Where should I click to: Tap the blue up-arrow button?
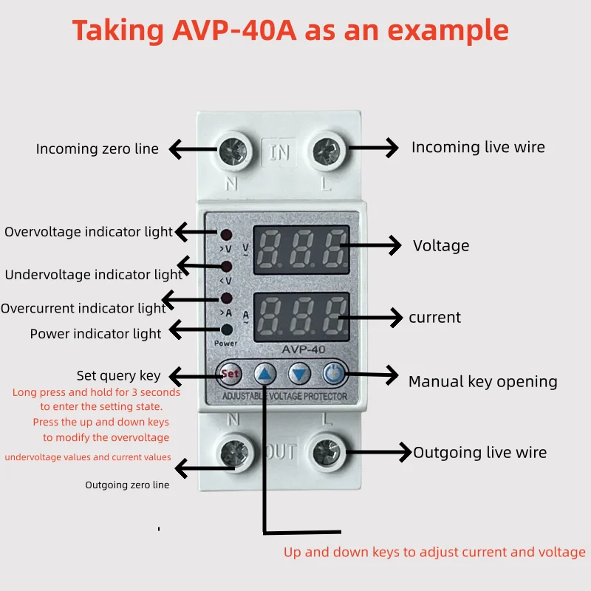[x=265, y=375]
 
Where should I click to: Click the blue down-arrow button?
[x=299, y=375]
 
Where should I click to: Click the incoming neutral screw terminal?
[x=233, y=151]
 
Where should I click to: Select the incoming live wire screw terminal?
[x=327, y=151]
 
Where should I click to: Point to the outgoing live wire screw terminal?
[x=327, y=453]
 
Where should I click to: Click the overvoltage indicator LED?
[x=226, y=235]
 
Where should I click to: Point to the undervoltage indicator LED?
[x=226, y=267]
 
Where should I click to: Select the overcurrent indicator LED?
[x=226, y=298]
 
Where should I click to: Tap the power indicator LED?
[x=227, y=329]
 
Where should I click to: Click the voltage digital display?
[x=301, y=250]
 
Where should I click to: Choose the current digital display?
[x=301, y=317]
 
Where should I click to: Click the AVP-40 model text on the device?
[x=304, y=349]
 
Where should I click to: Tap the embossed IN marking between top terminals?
[x=279, y=152]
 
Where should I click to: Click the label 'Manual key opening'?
[x=483, y=382]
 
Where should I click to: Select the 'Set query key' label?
[x=118, y=376]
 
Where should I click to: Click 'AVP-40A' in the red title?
[x=234, y=30]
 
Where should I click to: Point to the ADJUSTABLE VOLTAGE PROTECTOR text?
[x=284, y=396]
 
